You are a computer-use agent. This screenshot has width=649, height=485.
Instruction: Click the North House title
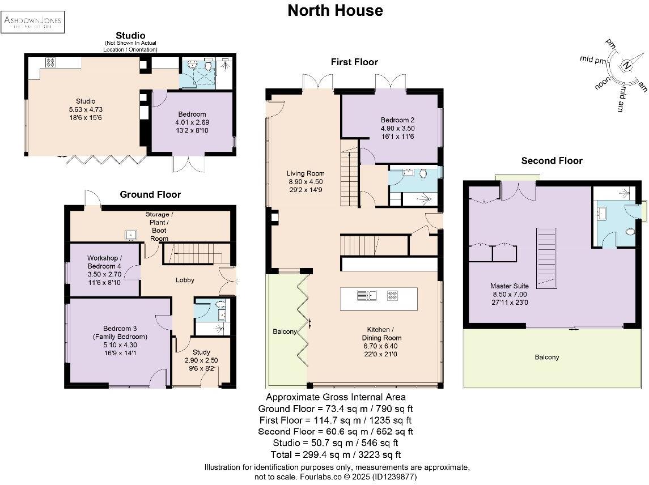(x=335, y=10)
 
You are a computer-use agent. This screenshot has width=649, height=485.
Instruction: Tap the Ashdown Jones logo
(x=33, y=22)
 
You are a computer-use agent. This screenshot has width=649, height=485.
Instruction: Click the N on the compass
(x=626, y=65)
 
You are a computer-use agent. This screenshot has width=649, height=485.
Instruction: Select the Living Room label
(x=305, y=173)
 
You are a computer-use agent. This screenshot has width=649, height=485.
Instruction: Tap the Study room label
(x=200, y=352)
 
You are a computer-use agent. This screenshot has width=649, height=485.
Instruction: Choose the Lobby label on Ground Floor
(x=185, y=280)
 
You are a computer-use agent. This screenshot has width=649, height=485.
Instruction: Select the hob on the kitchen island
(x=392, y=295)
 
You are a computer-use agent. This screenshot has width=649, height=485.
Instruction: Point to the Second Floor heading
(x=552, y=161)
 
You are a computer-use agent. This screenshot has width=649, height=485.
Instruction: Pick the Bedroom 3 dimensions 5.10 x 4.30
(x=120, y=344)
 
